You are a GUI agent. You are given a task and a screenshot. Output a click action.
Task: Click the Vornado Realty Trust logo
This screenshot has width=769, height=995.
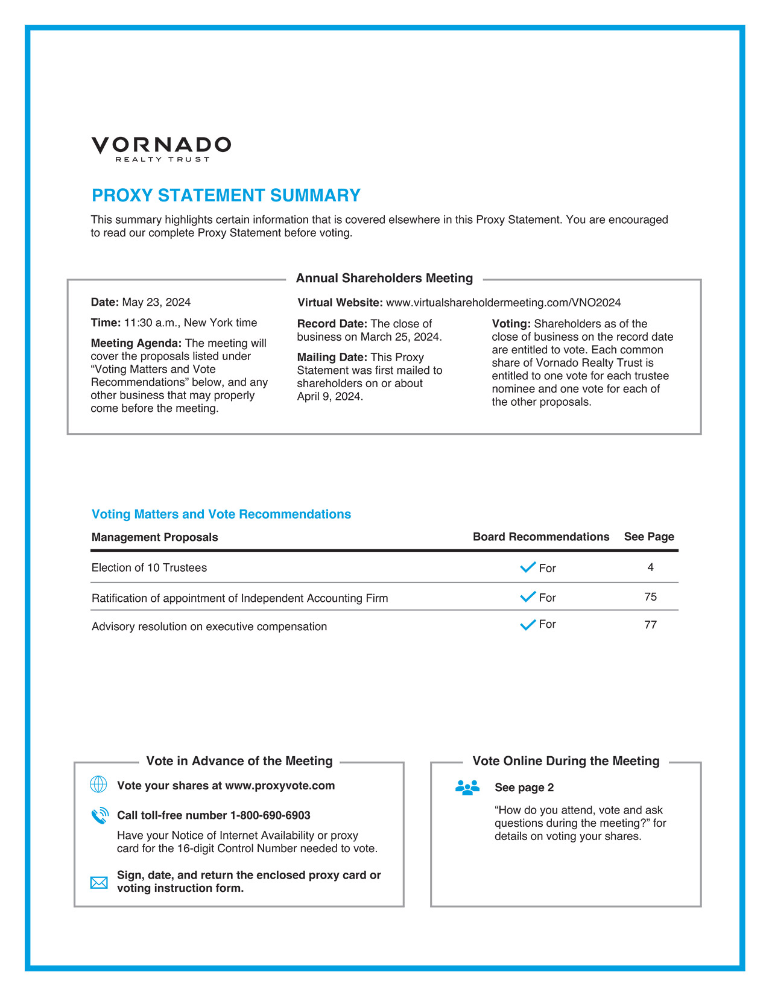pyautogui.click(x=161, y=148)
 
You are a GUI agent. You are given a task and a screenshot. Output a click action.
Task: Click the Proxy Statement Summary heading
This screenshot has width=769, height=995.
pyautogui.click(x=226, y=195)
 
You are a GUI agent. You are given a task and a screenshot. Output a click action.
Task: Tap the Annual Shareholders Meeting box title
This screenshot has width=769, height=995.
pyautogui.click(x=384, y=278)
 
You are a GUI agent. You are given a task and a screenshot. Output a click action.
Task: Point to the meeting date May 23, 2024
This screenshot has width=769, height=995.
pyautogui.click(x=156, y=302)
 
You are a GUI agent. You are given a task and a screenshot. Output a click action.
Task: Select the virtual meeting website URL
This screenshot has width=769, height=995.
pyautogui.click(x=503, y=303)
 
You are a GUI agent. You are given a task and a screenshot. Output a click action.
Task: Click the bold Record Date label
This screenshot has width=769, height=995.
pyautogui.click(x=332, y=324)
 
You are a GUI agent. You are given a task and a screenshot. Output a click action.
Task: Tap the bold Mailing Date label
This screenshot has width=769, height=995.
pyautogui.click(x=332, y=358)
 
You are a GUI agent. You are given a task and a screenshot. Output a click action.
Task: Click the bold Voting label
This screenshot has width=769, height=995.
pyautogui.click(x=511, y=324)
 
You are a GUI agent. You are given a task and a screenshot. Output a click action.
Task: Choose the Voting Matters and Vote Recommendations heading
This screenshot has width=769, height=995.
pyautogui.click(x=221, y=514)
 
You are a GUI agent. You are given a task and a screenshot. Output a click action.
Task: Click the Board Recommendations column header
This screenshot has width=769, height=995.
pyautogui.click(x=540, y=537)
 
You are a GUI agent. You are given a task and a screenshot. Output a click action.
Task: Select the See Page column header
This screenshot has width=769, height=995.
pyautogui.click(x=649, y=537)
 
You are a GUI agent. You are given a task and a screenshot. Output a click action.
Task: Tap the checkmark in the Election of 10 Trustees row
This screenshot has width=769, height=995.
pyautogui.click(x=528, y=567)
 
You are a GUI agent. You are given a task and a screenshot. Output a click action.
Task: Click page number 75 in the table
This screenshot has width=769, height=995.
pyautogui.click(x=650, y=597)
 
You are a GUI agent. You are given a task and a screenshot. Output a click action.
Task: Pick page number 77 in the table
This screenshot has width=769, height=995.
pyautogui.click(x=650, y=625)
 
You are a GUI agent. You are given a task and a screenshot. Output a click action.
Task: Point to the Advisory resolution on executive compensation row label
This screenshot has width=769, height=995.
pyautogui.click(x=209, y=627)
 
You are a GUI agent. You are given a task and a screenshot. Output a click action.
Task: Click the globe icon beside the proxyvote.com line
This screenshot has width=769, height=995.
pyautogui.click(x=98, y=785)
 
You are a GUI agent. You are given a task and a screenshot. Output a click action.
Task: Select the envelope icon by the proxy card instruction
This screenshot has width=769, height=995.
pyautogui.click(x=99, y=883)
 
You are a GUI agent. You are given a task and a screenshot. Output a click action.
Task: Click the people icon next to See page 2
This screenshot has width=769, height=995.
pyautogui.click(x=467, y=788)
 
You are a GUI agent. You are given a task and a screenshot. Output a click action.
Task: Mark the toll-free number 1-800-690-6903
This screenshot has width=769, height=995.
pyautogui.click(x=270, y=815)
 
